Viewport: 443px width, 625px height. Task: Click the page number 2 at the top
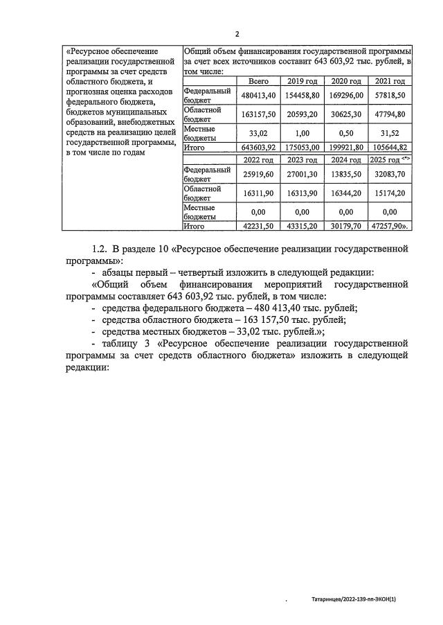[x=237, y=34]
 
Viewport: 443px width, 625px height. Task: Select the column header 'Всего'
[x=248, y=82]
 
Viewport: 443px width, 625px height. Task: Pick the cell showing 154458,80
[x=303, y=96]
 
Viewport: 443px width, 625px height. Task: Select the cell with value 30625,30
[x=347, y=114]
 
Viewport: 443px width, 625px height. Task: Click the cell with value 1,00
[x=303, y=133]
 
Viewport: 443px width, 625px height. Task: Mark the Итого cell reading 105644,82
[x=390, y=148]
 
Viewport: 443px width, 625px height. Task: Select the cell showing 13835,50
[x=347, y=174]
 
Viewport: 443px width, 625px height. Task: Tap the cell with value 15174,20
[x=390, y=193]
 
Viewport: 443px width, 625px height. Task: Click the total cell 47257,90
[x=390, y=226]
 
